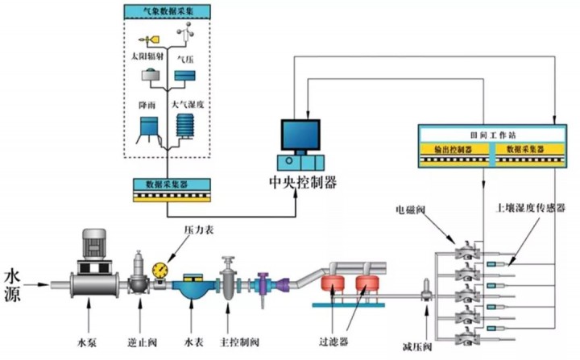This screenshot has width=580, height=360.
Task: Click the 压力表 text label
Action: point(197,230)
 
